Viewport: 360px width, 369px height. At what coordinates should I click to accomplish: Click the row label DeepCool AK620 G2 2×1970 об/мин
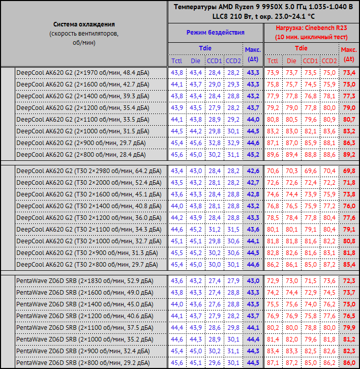pos(83,73)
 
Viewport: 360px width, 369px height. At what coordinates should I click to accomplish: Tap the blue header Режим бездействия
pos(215,32)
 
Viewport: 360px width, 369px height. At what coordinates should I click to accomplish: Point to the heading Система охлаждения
pos(84,24)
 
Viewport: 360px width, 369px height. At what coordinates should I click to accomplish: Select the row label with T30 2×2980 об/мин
pos(89,171)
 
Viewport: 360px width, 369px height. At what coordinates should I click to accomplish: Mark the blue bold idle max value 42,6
pos(253,171)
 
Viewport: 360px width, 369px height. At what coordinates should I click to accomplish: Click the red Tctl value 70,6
pos(273,171)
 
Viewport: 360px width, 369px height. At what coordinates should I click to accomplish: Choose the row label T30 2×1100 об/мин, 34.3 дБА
pos(89,230)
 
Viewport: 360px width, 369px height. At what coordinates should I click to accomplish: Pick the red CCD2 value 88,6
pos(329,155)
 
